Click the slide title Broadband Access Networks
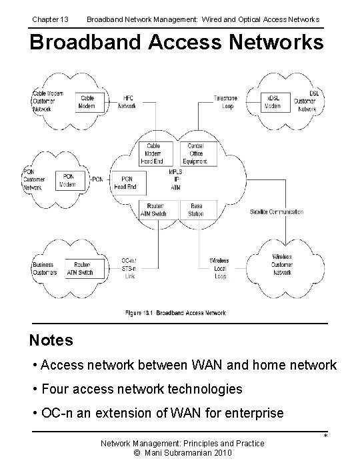pos(177,42)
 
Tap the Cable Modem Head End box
pos(153,153)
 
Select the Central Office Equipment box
pos(196,153)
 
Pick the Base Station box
pos(196,210)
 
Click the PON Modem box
pos(67,180)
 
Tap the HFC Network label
pos(127,101)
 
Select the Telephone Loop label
pos(225,101)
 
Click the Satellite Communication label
pos(276,211)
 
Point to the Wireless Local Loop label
pos(219,268)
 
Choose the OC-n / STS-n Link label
pos(130,268)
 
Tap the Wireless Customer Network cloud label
pos(282,265)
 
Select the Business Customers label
pos(43,268)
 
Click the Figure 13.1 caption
pos(175,313)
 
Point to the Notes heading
pos(51,340)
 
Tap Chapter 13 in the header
pos(50,19)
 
